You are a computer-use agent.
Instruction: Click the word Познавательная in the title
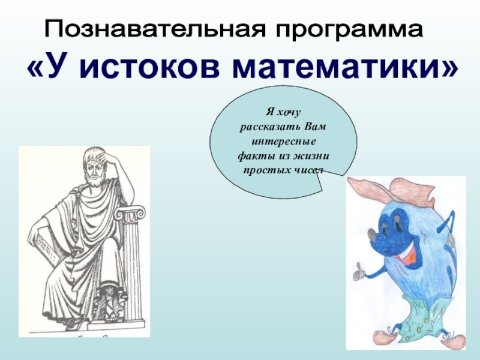coord(155,29)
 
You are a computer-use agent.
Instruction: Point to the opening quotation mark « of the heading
coord(37,69)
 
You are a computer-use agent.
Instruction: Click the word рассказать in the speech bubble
coord(268,127)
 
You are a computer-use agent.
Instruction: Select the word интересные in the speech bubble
coord(283,142)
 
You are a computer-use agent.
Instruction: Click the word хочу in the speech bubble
coord(289,112)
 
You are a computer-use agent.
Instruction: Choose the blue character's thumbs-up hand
coord(358,272)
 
